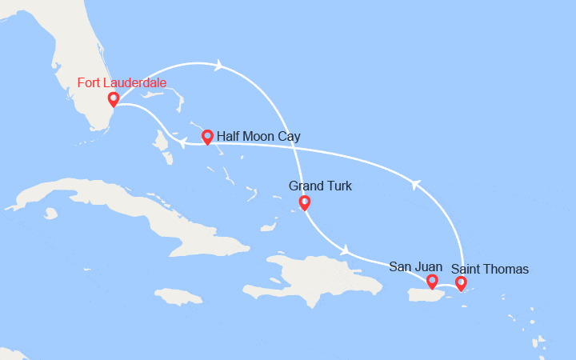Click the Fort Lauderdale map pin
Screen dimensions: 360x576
(114, 99)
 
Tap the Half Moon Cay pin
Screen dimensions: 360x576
(207, 137)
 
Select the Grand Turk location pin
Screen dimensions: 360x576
(304, 202)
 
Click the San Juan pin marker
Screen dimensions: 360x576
(432, 281)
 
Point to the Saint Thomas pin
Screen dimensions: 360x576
(461, 282)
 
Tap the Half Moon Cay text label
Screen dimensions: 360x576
(258, 137)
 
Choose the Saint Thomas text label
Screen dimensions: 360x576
(490, 269)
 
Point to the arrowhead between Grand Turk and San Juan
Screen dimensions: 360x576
(345, 249)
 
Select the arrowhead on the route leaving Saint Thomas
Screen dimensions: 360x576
(414, 185)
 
